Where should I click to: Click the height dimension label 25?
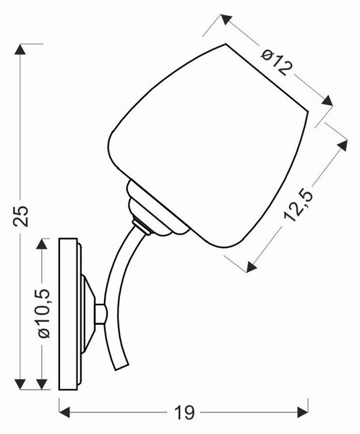(x=21, y=216)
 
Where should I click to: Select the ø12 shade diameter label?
(x=276, y=63)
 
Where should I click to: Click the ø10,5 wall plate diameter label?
(x=45, y=313)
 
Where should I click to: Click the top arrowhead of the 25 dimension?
(x=20, y=49)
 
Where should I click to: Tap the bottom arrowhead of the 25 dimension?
(x=20, y=385)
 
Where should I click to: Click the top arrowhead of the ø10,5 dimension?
(x=41, y=244)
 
